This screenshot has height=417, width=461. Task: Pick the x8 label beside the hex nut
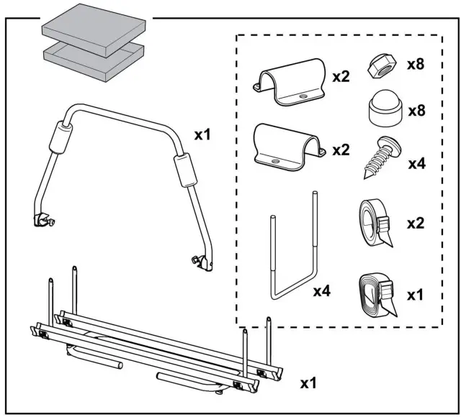click(415, 64)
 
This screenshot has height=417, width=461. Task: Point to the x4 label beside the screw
click(416, 164)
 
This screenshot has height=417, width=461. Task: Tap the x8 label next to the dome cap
click(415, 112)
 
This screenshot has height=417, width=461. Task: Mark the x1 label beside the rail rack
click(308, 383)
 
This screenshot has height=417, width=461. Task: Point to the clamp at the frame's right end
click(202, 262)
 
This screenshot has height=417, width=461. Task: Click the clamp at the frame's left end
click(42, 219)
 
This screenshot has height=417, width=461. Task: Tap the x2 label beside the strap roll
click(416, 223)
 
